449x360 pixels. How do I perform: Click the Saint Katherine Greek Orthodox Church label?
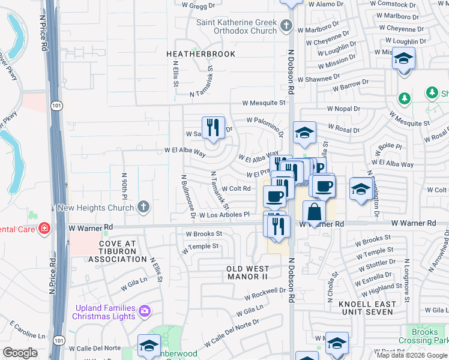click(x=237, y=26)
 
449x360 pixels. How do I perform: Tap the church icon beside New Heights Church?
click(x=143, y=207)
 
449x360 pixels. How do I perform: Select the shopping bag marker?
click(x=314, y=212)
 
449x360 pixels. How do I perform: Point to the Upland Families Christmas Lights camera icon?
click(x=144, y=311)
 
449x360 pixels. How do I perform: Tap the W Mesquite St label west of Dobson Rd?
click(x=264, y=103)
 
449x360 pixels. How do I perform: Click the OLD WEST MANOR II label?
click(x=246, y=272)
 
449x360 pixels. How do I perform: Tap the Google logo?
click(x=20, y=353)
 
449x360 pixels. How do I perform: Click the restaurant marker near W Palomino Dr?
click(x=213, y=128)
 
